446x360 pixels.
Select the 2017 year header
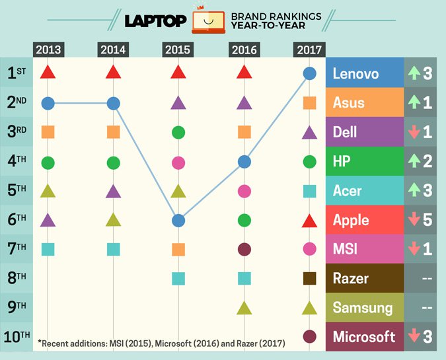(x=309, y=50)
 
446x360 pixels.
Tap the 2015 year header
(x=178, y=50)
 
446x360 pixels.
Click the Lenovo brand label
(x=365, y=73)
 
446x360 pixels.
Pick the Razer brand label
(x=365, y=278)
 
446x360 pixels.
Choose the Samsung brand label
(x=365, y=308)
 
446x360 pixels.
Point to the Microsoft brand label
(x=365, y=337)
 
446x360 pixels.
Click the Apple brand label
(x=365, y=219)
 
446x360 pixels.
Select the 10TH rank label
(x=16, y=337)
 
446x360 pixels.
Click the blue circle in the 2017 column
(x=309, y=73)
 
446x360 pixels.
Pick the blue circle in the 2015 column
(x=178, y=220)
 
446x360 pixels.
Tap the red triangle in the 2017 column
(x=309, y=220)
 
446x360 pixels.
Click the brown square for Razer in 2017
(x=309, y=278)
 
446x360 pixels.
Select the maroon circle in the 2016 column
(x=244, y=249)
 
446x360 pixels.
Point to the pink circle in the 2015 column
(x=178, y=162)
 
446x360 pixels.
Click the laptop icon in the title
(x=209, y=21)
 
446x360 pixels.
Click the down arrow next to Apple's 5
(x=414, y=220)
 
